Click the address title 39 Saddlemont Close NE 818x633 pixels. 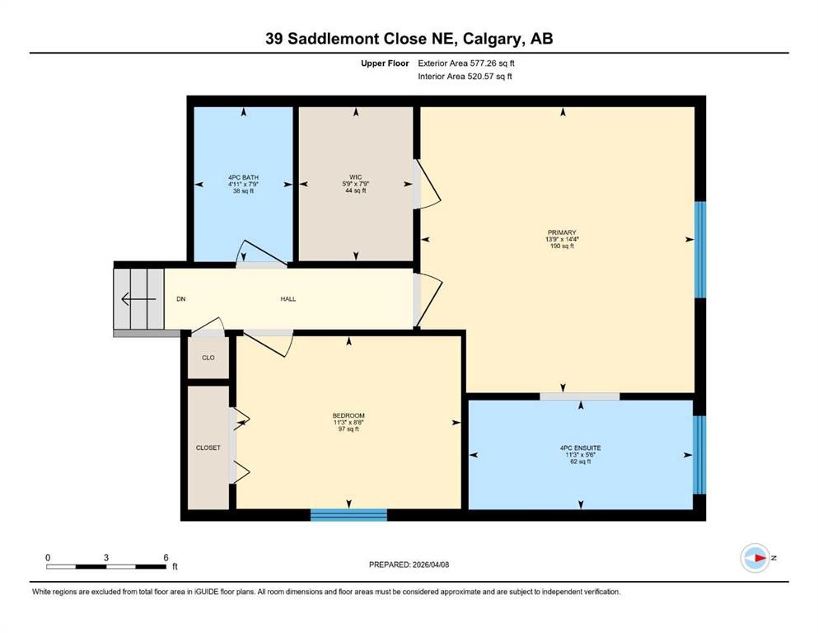[409, 39]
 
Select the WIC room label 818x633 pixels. [355, 176]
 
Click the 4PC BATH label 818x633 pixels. [244, 176]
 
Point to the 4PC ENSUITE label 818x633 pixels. [580, 448]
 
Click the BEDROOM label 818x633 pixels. [348, 415]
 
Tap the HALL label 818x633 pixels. [287, 298]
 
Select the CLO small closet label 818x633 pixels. [208, 358]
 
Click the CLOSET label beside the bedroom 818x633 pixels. [208, 448]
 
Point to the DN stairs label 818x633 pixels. [180, 298]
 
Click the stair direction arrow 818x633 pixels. [137, 298]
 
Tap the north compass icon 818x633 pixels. [755, 558]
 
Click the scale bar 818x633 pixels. [106, 565]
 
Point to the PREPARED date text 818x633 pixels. [409, 565]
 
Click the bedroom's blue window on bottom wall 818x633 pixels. [348, 515]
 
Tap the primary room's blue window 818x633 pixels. [700, 249]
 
